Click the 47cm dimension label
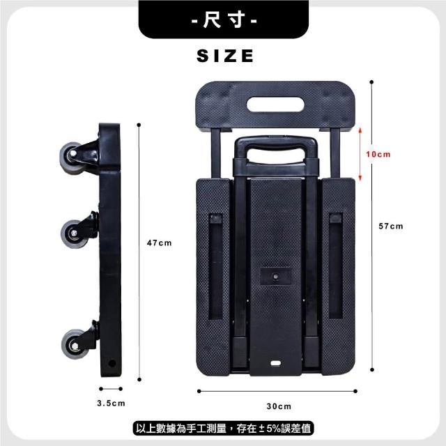160,243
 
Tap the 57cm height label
391,226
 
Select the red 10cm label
378,154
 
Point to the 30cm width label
279,406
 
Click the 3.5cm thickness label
111,403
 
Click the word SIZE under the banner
225,56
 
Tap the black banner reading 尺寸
224,20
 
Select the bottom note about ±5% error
223,429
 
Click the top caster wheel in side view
70,158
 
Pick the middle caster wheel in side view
72,234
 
